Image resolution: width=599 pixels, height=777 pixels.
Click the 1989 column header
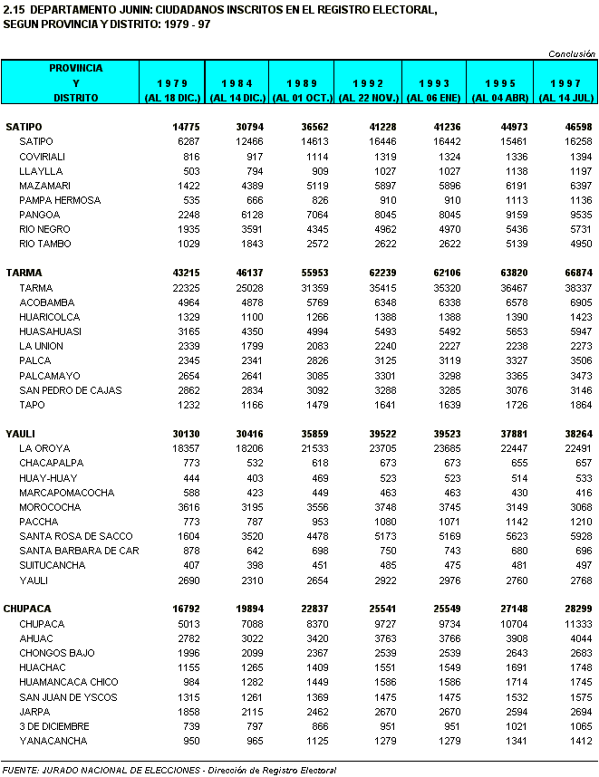click(x=303, y=83)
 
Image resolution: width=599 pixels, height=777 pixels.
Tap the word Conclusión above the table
click(x=571, y=54)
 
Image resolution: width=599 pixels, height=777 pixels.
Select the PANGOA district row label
click(x=40, y=215)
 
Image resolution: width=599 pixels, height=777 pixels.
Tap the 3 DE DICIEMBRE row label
click(x=53, y=726)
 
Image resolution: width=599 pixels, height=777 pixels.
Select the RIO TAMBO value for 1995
click(x=512, y=244)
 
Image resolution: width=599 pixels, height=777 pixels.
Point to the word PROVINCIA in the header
click(x=76, y=68)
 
